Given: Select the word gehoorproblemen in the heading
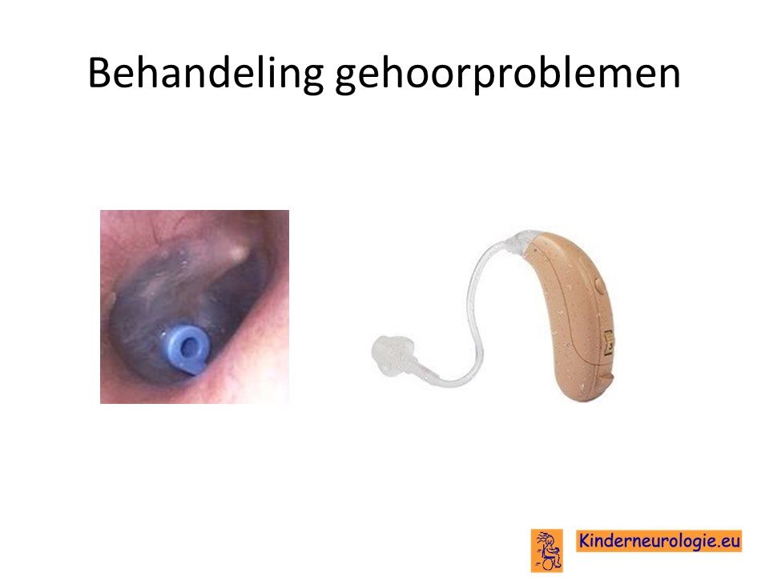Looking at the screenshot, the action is tap(508, 75).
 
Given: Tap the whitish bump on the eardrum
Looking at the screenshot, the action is tap(239, 252).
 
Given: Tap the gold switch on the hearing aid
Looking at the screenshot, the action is tap(608, 342).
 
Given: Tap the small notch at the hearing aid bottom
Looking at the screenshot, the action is tap(606, 379).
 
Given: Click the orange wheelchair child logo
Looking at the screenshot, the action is tap(547, 550).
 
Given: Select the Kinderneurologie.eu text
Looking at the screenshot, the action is tap(658, 541).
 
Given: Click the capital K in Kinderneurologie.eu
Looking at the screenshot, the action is tap(584, 540).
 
